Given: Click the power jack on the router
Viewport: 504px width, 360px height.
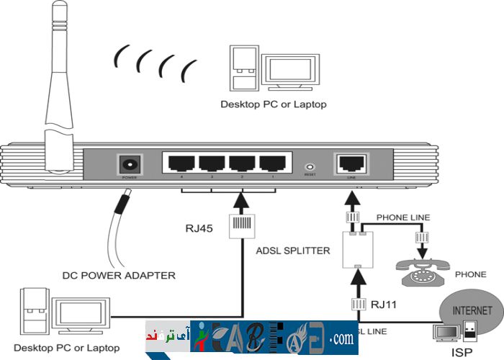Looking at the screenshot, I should coord(130,163).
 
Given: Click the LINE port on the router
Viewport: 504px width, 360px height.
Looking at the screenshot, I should coord(351,163).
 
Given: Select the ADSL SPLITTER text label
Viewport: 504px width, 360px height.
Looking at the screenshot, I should coord(292,251).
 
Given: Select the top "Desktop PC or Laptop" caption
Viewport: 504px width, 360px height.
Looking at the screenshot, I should coord(274,104).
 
